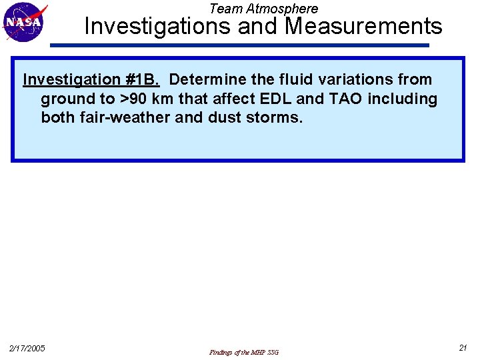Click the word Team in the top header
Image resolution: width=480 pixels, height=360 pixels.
click(x=224, y=9)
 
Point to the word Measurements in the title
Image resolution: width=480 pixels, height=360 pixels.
click(x=363, y=27)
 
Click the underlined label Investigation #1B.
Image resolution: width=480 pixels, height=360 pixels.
click(x=91, y=79)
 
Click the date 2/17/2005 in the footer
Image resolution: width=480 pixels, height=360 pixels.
click(x=27, y=348)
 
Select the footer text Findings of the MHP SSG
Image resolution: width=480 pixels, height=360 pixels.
click(x=244, y=352)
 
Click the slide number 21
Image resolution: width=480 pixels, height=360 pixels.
click(x=463, y=347)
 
